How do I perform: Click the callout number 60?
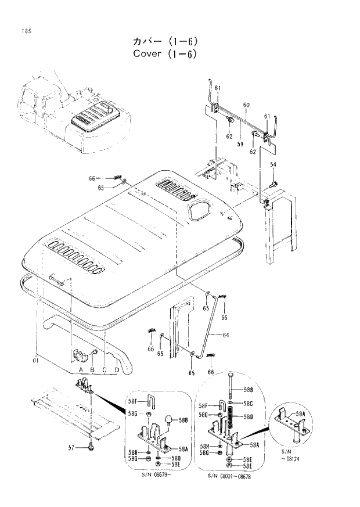pyautogui.click(x=246, y=105)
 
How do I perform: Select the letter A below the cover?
pyautogui.click(x=80, y=370)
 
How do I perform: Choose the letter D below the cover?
pyautogui.click(x=117, y=370)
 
